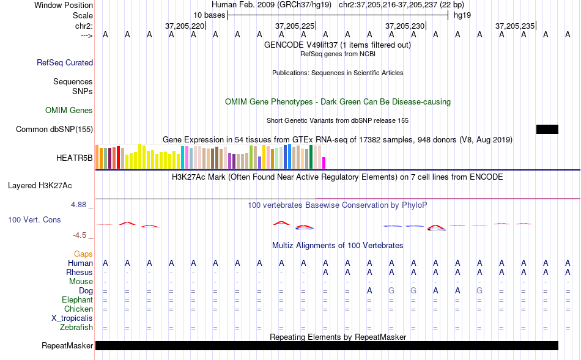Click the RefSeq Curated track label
click(x=65, y=62)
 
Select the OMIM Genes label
click(x=69, y=111)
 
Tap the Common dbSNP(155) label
click(x=54, y=129)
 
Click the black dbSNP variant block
click(x=547, y=129)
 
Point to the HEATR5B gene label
click(x=75, y=158)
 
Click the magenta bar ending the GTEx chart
click(x=324, y=163)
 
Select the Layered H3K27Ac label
click(x=40, y=186)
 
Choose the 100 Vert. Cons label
click(x=34, y=219)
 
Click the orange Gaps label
click(x=83, y=254)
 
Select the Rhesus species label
click(x=80, y=272)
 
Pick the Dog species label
click(x=86, y=291)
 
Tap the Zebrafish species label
click(x=76, y=328)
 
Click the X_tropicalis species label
click(x=72, y=318)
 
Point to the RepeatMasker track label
click(x=67, y=345)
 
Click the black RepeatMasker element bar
click(x=327, y=345)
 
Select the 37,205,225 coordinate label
click(x=295, y=26)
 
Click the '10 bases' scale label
click(x=209, y=15)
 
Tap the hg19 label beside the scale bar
click(x=462, y=15)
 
